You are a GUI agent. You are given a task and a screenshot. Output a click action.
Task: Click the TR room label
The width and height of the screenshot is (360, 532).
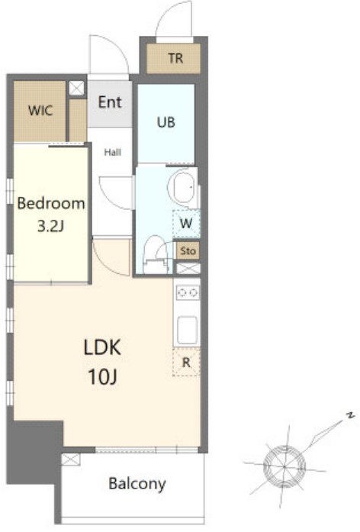pos(175,58)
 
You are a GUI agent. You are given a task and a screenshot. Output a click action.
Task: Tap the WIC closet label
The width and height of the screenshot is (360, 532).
pos(40,111)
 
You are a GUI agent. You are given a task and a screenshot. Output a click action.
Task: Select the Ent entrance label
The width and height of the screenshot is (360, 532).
pos(110,102)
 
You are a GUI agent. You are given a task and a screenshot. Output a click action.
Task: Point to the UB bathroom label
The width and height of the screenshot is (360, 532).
pos(166,122)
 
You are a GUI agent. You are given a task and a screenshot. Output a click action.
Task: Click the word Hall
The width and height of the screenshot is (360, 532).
pos(113,153)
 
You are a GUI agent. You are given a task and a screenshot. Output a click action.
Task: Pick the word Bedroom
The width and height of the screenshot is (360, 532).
pos(51,203)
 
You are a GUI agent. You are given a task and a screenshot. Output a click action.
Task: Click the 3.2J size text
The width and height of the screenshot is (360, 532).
pos(50,226)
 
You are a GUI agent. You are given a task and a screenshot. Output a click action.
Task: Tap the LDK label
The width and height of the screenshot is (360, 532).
pos(102,347)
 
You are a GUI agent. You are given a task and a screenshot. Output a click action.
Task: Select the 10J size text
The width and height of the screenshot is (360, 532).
pos(102,376)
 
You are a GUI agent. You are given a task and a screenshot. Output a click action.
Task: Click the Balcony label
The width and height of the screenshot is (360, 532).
pos(137,483)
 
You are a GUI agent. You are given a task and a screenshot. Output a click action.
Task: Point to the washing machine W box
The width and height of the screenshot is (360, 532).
pos(186,224)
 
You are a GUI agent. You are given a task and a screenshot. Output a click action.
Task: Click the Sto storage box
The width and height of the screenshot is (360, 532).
pos(188,251)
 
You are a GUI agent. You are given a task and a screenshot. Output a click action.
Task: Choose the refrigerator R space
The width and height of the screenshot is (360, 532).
pos(186,363)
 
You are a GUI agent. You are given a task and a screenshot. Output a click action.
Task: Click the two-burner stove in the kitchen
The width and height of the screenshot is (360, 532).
pos(188,292)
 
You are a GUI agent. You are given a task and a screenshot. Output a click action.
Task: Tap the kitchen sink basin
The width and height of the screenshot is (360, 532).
pos(187,330)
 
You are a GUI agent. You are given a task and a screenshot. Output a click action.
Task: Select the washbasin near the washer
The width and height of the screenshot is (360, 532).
pos(183,188)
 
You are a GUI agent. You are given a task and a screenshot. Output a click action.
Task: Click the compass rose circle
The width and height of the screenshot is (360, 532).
pos(284,466)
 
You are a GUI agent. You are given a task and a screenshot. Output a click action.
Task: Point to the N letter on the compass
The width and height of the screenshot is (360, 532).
pos(351,415)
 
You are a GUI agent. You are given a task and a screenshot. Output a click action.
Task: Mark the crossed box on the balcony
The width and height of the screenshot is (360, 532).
pos(71,459)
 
